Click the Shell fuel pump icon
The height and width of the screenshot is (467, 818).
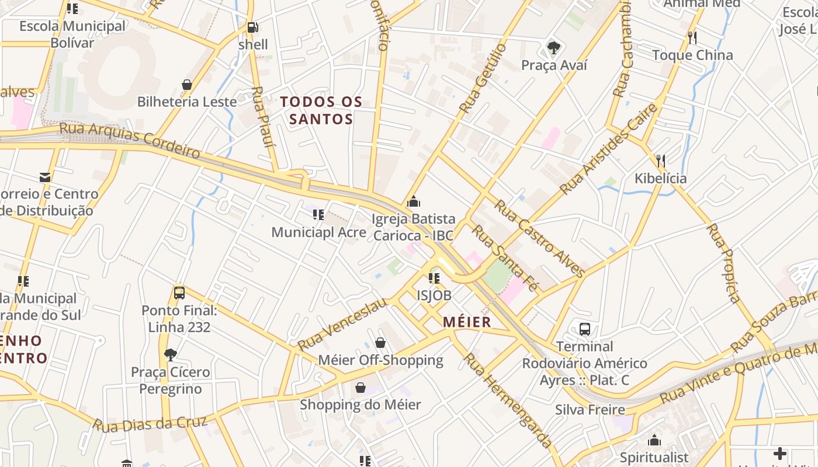click(253, 27)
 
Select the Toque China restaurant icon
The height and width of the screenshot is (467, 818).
click(692, 38)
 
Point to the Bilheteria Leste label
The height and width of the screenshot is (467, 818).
click(187, 102)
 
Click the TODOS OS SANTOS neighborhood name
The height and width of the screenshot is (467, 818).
click(321, 110)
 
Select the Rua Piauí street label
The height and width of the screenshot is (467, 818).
click(264, 124)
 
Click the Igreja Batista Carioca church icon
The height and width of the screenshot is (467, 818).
click(414, 202)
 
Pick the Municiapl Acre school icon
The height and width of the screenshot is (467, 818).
click(318, 215)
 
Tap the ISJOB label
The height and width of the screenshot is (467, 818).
click(434, 295)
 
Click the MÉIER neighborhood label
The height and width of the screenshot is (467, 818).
click(467, 322)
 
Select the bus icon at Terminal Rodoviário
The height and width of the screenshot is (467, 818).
click(585, 329)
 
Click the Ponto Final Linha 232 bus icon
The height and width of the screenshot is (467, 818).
click(179, 293)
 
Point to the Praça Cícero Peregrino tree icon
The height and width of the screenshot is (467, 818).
click(170, 354)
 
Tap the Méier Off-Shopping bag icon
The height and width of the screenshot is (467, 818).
click(380, 343)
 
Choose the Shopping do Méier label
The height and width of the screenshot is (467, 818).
click(360, 405)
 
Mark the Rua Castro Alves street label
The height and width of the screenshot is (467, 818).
click(539, 238)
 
